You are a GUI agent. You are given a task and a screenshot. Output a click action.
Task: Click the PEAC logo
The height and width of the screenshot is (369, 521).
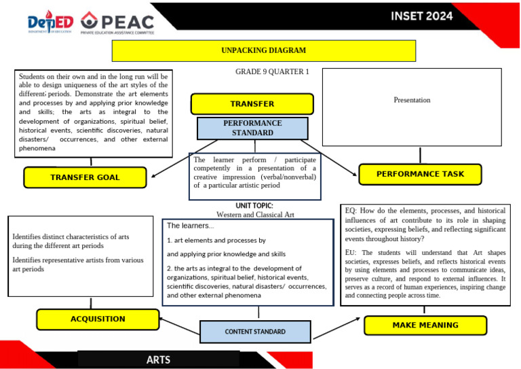click(x=117, y=22)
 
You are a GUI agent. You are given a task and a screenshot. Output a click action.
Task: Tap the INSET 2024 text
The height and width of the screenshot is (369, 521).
click(x=421, y=16)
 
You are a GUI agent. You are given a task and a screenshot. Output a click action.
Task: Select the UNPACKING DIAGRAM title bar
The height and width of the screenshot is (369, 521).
click(x=263, y=50)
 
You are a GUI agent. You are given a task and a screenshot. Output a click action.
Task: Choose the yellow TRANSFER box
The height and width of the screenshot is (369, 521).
click(x=252, y=104)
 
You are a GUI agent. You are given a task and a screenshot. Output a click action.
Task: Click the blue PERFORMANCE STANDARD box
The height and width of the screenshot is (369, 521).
click(x=252, y=128)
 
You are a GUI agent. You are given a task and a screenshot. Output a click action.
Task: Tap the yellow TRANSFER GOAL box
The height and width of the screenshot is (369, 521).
click(x=85, y=177)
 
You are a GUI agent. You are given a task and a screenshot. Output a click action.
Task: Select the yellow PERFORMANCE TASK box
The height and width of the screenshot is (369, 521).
click(x=420, y=174)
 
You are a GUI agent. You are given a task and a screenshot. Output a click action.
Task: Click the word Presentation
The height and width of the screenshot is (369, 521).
click(x=412, y=100)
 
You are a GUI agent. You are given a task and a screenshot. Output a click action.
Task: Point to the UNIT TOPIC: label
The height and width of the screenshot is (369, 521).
click(x=254, y=205)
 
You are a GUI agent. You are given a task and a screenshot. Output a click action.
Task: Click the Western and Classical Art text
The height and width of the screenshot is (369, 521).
click(x=255, y=215)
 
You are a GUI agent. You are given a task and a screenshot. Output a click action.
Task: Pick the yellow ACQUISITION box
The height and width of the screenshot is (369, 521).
click(x=98, y=319)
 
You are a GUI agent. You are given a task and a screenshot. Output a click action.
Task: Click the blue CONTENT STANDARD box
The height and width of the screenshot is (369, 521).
click(x=255, y=332)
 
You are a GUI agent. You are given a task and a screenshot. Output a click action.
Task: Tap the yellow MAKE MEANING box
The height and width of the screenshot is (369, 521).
click(x=425, y=326)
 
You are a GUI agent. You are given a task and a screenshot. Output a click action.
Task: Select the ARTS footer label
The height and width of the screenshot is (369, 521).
click(x=158, y=359)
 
